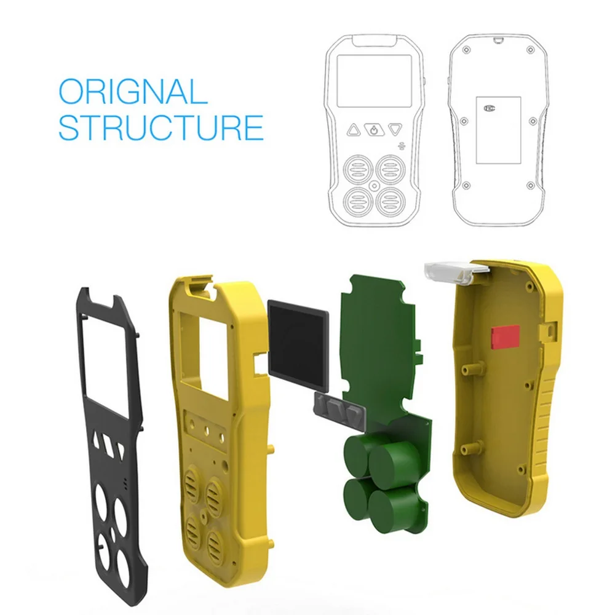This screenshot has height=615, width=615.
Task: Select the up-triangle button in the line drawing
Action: (354, 130)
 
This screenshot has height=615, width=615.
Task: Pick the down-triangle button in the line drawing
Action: (395, 130)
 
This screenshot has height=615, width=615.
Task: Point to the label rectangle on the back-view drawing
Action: (498, 129)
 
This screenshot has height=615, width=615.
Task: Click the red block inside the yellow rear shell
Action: (504, 335)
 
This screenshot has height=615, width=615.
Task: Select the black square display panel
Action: (298, 344)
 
